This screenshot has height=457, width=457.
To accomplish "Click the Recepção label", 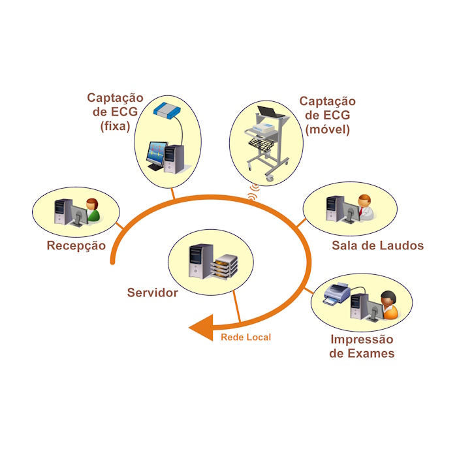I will (76, 246).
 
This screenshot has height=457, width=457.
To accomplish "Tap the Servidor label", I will (152, 292).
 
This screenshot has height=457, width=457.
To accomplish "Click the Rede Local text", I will (245, 338).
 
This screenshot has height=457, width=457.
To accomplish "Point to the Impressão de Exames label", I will (362, 347).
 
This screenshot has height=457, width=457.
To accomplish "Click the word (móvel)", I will (328, 129).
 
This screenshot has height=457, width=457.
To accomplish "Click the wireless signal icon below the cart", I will (253, 190).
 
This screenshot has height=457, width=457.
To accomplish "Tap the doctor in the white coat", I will (365, 208).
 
